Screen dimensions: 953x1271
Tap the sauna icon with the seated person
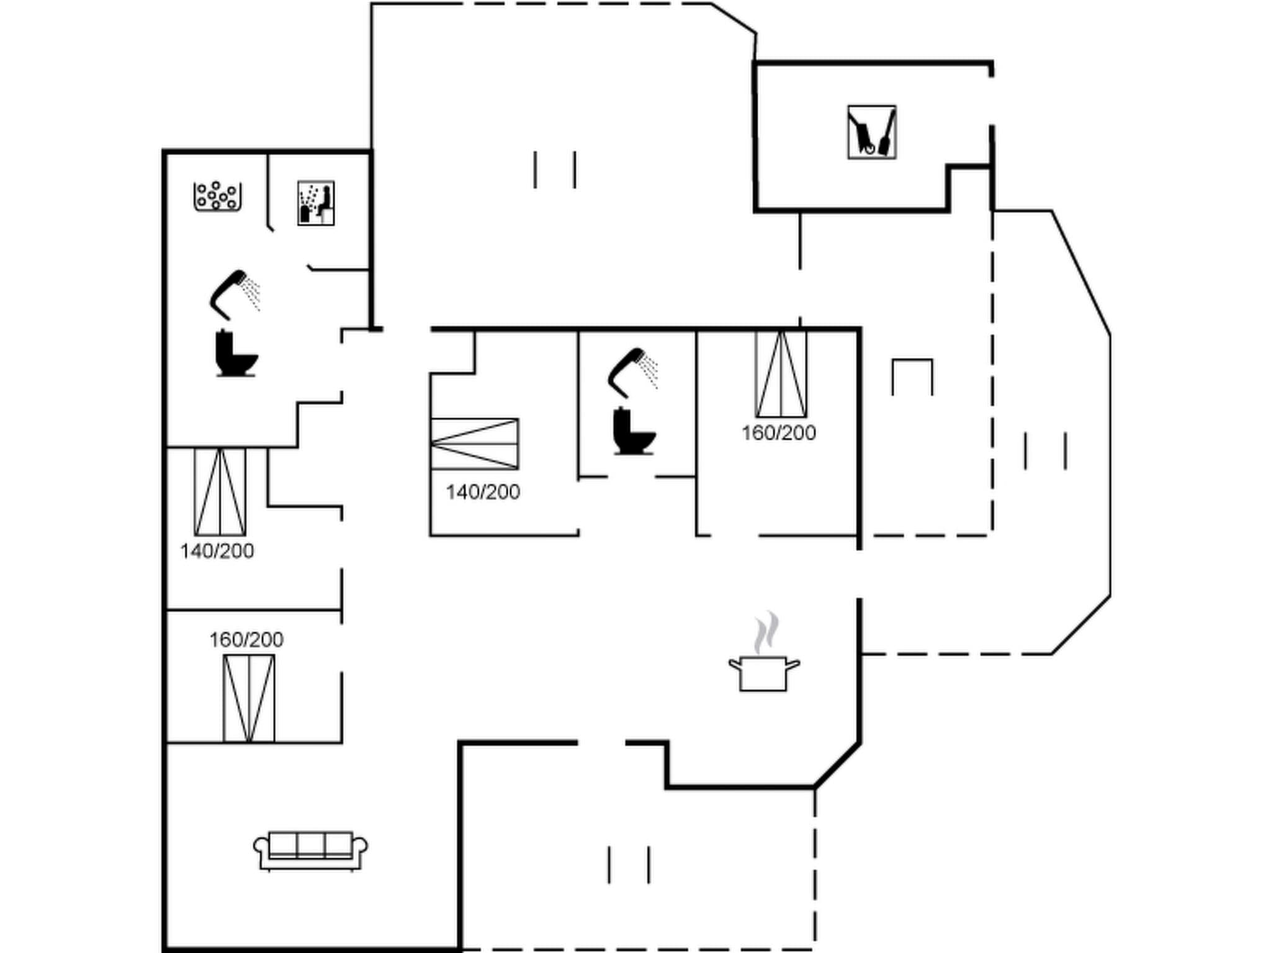[316, 203]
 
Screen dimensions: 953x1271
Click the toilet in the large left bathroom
[235, 354]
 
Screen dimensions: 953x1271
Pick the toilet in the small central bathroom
[633, 432]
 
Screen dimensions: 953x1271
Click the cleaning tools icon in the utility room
[871, 132]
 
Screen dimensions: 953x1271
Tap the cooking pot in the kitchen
[763, 673]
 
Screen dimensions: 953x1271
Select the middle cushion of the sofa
[310, 845]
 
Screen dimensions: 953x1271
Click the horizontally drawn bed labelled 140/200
[475, 444]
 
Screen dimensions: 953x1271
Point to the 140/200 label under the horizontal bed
[483, 492]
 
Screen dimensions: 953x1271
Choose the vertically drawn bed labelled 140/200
[220, 492]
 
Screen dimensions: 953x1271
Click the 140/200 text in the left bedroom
[217, 551]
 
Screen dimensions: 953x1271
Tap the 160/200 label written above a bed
[246, 640]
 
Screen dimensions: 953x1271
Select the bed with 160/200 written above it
[249, 698]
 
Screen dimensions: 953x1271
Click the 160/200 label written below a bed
[778, 433]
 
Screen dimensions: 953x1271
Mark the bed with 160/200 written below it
[781, 374]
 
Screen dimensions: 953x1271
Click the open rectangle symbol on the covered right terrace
[912, 375]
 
